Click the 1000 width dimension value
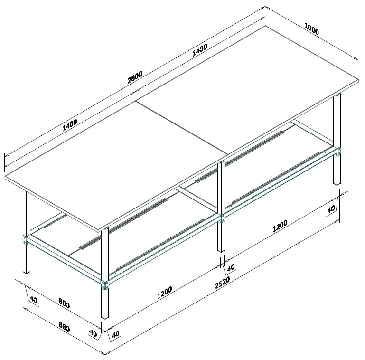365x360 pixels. [311, 28]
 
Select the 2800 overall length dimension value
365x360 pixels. [134, 77]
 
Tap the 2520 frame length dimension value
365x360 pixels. [222, 283]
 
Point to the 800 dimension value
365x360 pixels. [64, 303]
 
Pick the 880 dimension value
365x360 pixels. [64, 326]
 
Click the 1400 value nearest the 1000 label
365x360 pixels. [200, 50]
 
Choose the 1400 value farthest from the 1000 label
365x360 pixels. [69, 125]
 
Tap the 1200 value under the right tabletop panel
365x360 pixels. [280, 226]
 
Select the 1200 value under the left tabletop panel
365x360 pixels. [165, 293]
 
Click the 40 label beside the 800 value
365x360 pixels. [34, 300]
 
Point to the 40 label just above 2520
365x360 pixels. [231, 267]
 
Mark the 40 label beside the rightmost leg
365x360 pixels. [331, 208]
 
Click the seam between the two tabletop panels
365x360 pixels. [182, 128]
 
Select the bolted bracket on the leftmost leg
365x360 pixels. [25, 240]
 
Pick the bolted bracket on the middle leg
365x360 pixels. [223, 218]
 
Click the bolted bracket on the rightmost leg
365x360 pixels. [338, 152]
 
